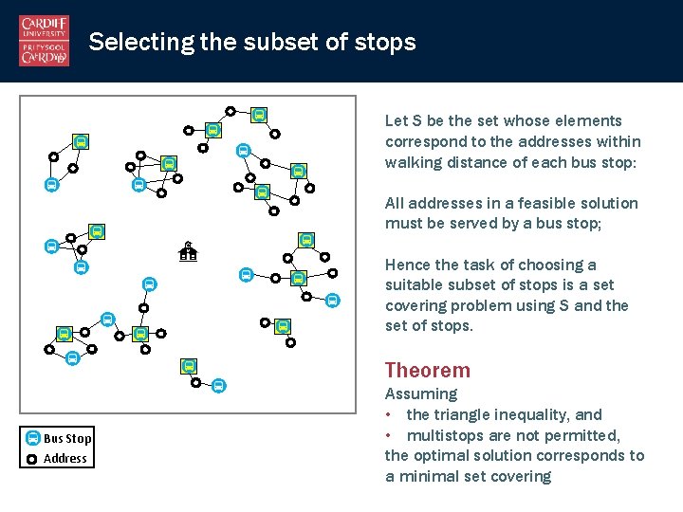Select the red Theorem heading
[x=427, y=371]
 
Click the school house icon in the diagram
[x=188, y=251]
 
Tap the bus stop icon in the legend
[x=32, y=438]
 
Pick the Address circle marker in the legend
[x=32, y=459]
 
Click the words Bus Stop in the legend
[x=67, y=438]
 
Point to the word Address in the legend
[x=65, y=459]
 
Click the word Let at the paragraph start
[x=396, y=120]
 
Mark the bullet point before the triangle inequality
[x=389, y=414]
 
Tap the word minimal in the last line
[x=431, y=476]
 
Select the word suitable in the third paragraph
[x=415, y=285]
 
